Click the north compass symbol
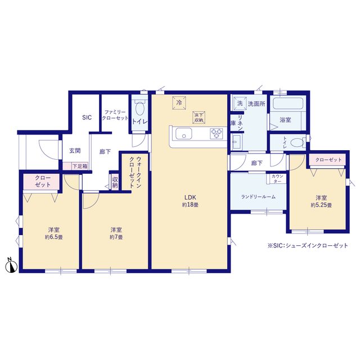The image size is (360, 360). (x=11, y=266)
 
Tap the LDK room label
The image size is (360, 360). (x=190, y=197)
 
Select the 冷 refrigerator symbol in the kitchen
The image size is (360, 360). (x=179, y=102)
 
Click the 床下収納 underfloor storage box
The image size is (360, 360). (x=199, y=118)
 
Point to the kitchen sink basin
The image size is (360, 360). (x=184, y=133)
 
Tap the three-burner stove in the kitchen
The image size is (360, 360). (x=216, y=134)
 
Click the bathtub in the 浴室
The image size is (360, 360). (x=288, y=103)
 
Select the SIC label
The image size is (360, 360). (x=87, y=118)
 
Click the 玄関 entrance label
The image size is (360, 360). (x=75, y=151)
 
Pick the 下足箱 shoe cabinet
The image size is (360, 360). (x=75, y=166)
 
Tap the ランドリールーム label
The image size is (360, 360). (x=258, y=197)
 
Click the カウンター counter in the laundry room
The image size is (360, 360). (x=276, y=179)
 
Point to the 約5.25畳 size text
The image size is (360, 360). (x=321, y=205)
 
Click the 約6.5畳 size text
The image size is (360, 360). (x=54, y=237)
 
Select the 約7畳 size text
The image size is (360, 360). (x=116, y=237)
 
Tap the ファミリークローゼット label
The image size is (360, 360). (x=115, y=115)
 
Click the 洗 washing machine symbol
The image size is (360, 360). (x=240, y=103)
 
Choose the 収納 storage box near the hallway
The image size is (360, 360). (x=115, y=182)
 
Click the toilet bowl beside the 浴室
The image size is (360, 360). (x=298, y=142)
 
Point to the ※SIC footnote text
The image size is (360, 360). (x=308, y=245)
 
